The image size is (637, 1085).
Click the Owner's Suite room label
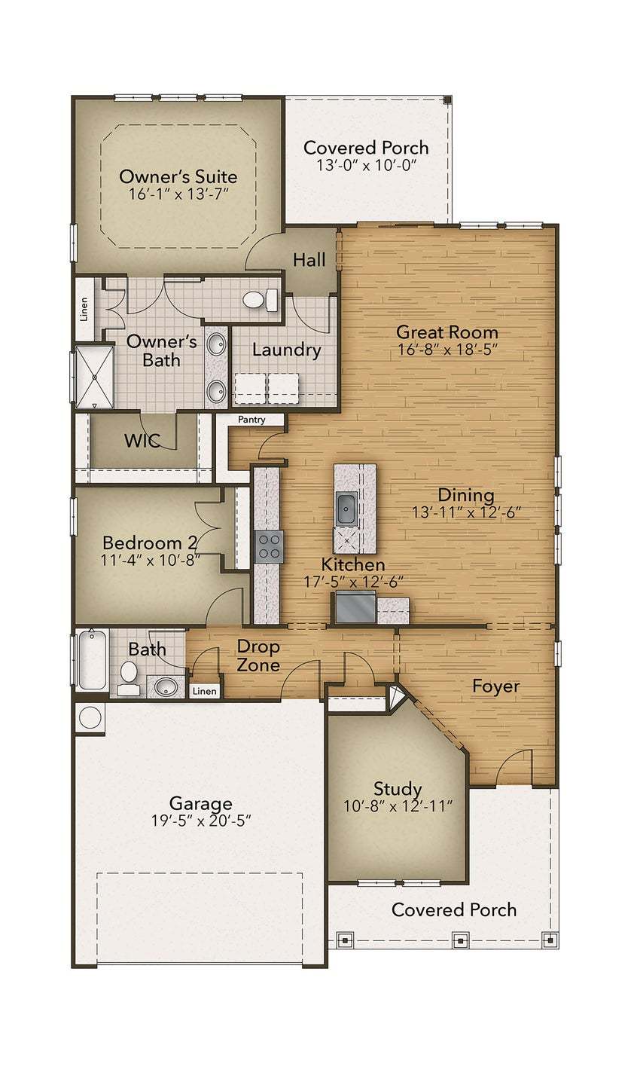tap(178, 177)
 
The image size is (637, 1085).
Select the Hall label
tap(309, 260)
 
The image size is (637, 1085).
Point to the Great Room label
tap(447, 332)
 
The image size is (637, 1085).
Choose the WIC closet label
tap(142, 441)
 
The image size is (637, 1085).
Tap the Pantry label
tap(251, 420)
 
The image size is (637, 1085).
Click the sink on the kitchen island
tap(346, 509)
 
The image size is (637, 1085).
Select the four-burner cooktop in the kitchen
tap(269, 546)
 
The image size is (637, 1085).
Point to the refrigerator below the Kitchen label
tap(355, 607)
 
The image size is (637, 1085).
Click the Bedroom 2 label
tap(143, 542)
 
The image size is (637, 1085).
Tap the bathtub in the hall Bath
tap(92, 659)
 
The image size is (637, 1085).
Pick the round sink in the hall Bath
tap(166, 686)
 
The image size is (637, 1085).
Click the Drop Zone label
tap(258, 656)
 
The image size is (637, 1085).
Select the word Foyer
tap(495, 686)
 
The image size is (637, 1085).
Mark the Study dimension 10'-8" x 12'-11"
tap(397, 806)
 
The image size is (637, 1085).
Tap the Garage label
tap(200, 803)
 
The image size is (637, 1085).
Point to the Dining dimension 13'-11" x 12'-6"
tap(466, 512)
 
